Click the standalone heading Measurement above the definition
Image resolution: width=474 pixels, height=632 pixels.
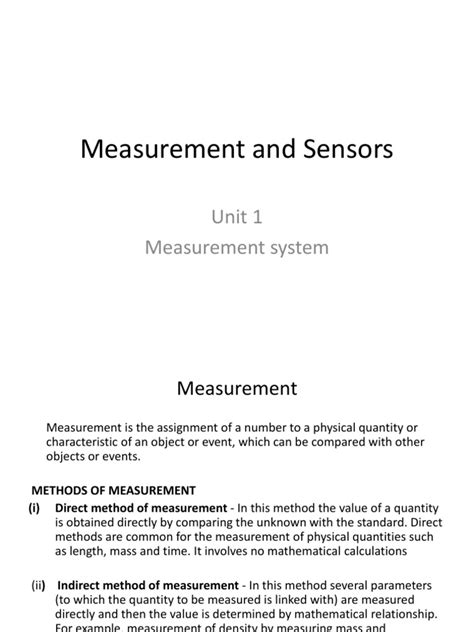pos(236,386)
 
